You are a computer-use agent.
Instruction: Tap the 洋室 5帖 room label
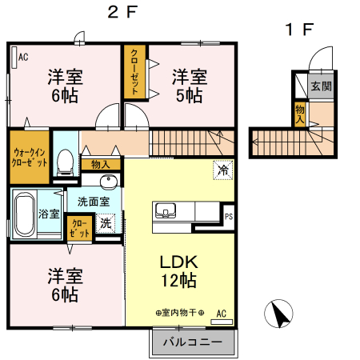coord(190,86)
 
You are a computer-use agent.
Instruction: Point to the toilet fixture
coord(67,160)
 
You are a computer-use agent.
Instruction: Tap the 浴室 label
coord(50,213)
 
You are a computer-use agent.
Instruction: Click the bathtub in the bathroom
coord(24,212)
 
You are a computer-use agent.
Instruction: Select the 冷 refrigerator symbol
coord(223,169)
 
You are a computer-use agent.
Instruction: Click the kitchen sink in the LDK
coord(166,211)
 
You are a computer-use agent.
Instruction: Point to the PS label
coord(230,216)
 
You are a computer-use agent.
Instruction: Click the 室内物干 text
coord(180,313)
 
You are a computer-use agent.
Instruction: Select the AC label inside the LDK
coord(222,313)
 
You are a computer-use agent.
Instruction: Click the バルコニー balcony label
coord(192,342)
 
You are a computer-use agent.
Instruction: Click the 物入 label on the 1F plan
coord(300,113)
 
